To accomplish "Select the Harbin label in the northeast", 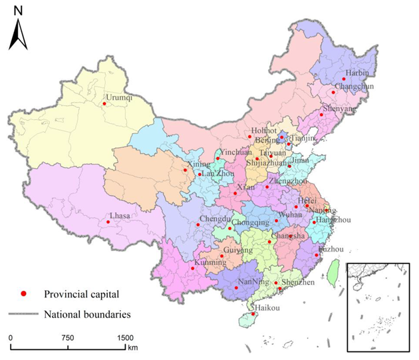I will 356,73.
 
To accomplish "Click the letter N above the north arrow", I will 18,11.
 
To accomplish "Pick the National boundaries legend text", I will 86,314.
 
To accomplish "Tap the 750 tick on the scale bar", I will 67,339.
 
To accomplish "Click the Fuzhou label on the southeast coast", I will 331,249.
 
